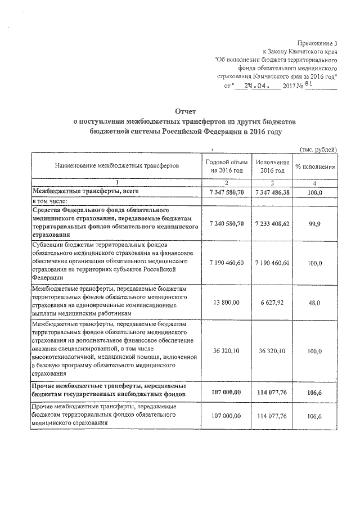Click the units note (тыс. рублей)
pos(318,150)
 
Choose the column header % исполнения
pos(316,167)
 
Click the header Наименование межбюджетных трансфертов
pos(116,167)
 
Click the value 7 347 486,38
pos(272,192)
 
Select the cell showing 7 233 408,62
pos(272,223)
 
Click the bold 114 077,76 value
pos(272,391)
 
